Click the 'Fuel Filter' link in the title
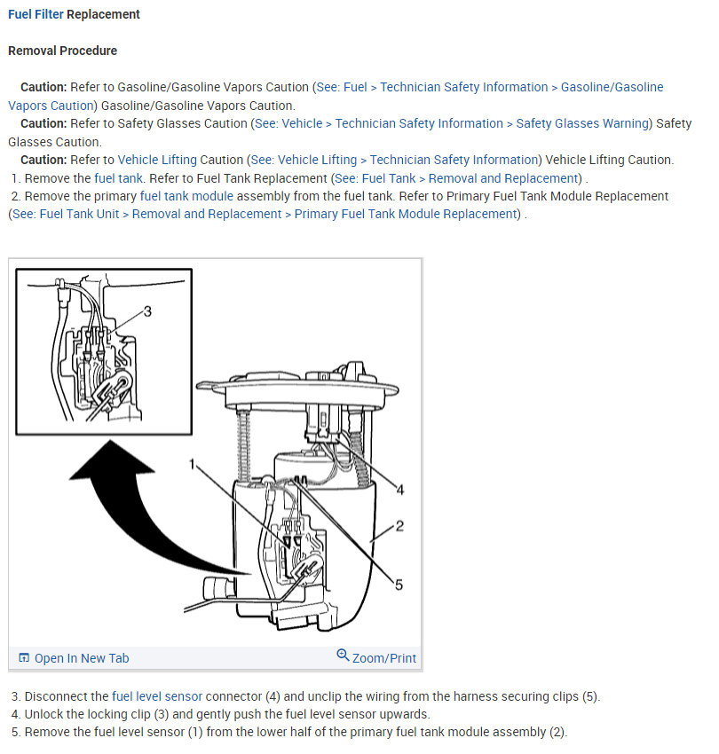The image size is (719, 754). click(36, 15)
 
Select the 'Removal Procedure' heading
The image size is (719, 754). click(62, 51)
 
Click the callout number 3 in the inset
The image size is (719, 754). click(147, 311)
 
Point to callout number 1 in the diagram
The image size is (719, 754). click(191, 464)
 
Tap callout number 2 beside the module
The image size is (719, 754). click(399, 526)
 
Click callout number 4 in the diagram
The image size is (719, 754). click(399, 489)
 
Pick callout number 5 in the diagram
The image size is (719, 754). click(399, 585)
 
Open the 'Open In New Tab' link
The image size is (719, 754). click(81, 658)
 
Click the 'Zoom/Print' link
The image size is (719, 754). click(383, 658)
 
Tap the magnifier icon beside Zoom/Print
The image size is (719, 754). click(343, 656)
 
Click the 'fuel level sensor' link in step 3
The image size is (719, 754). click(157, 696)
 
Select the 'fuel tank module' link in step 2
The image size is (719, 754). click(186, 196)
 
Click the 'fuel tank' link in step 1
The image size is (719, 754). click(119, 178)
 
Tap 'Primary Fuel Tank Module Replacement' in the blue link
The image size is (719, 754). click(406, 214)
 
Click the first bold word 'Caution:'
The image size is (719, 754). click(43, 87)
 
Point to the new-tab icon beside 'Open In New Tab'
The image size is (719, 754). click(24, 658)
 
